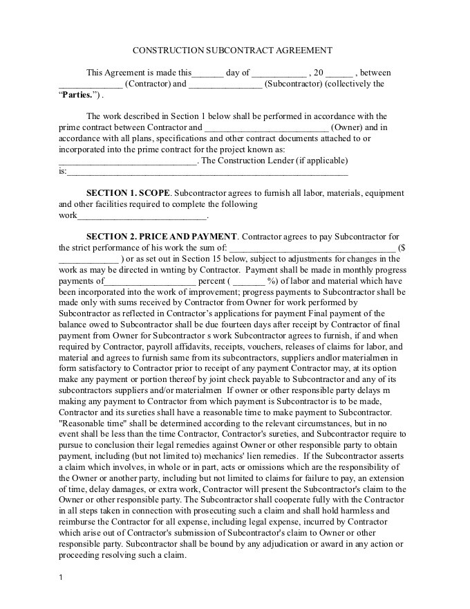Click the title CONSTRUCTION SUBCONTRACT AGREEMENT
point(232,51)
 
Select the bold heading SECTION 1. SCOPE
point(127,193)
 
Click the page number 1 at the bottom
point(61,578)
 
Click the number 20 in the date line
point(318,73)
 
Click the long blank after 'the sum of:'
point(312,248)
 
